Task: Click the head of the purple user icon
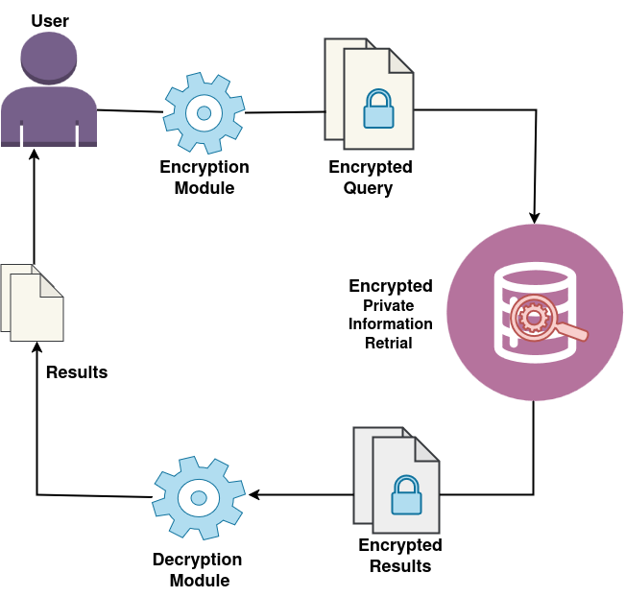[x=48, y=56]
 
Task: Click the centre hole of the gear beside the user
[x=204, y=113]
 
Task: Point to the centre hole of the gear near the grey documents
[x=199, y=497]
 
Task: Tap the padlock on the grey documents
[x=406, y=497]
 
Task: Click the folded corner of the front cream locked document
[x=400, y=60]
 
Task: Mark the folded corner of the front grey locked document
[x=426, y=448]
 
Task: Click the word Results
[x=77, y=372]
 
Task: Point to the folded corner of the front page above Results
[x=51, y=284]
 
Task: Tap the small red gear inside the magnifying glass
[x=532, y=318]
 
